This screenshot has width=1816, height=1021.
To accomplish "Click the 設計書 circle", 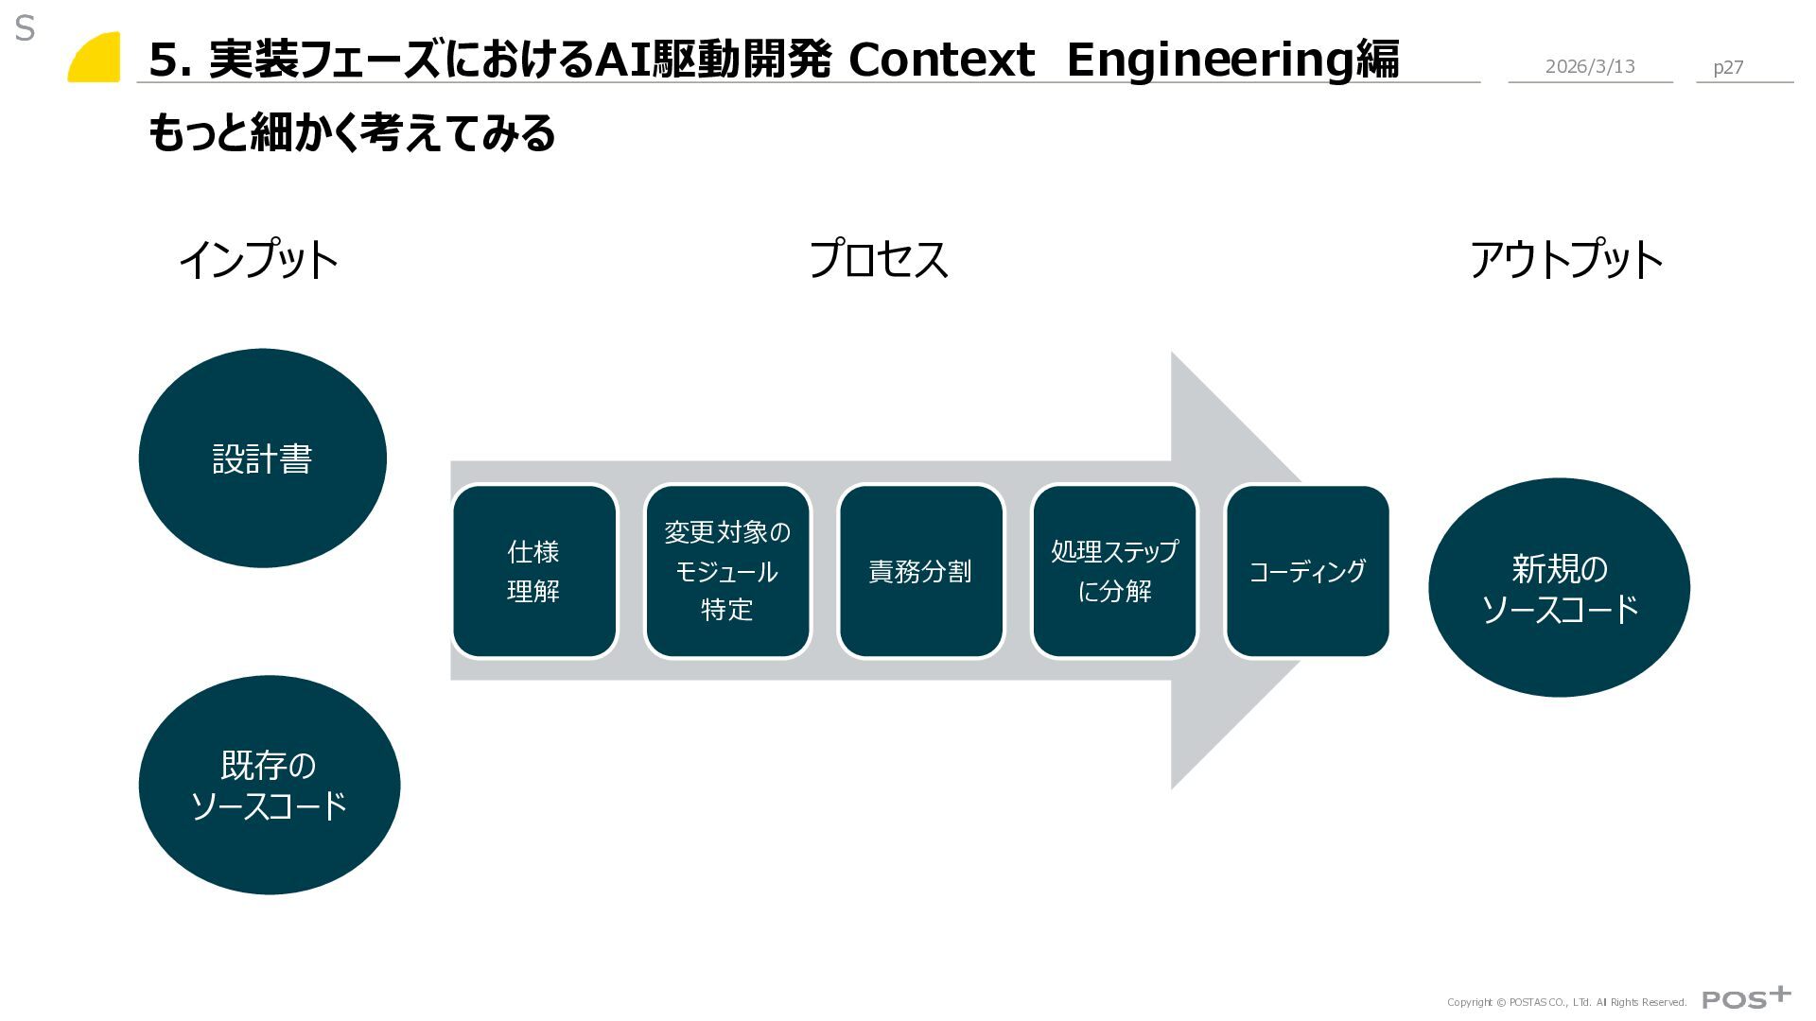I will pyautogui.click(x=262, y=459).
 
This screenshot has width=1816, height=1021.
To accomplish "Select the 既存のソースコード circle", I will pyautogui.click(x=269, y=785).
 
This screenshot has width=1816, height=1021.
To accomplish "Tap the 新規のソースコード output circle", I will pyautogui.click(x=1559, y=587).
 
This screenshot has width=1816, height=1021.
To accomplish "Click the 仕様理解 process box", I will pyautogui.click(x=534, y=571).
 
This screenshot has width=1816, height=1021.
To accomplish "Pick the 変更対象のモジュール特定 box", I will pyautogui.click(x=727, y=571).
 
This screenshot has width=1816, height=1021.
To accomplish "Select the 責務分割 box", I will pyautogui.click(x=920, y=571).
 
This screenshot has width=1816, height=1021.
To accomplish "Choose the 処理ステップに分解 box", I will pyautogui.click(x=1114, y=571).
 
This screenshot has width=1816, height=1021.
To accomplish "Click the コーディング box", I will pyautogui.click(x=1307, y=571).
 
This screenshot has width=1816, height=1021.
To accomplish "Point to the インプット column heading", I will pyautogui.click(x=258, y=259).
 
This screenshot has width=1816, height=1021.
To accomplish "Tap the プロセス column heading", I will pyautogui.click(x=878, y=259).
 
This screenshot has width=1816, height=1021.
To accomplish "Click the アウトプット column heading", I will pyautogui.click(x=1565, y=259).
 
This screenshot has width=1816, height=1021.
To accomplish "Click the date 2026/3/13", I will pyautogui.click(x=1590, y=66).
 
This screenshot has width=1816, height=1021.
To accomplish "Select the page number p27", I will pyautogui.click(x=1728, y=67).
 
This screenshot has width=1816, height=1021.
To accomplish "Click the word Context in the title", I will pyautogui.click(x=941, y=60).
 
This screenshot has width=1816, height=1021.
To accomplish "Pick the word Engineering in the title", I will pyautogui.click(x=1211, y=60).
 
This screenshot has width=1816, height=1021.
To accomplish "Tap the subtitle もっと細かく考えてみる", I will pyautogui.click(x=351, y=132).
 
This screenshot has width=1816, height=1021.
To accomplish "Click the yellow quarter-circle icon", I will pyautogui.click(x=95, y=58).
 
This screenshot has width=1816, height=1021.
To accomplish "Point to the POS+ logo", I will pyautogui.click(x=1746, y=998).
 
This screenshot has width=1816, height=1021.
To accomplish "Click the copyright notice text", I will pyautogui.click(x=1566, y=1002).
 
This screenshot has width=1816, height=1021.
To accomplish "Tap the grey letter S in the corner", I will pyautogui.click(x=25, y=29).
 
